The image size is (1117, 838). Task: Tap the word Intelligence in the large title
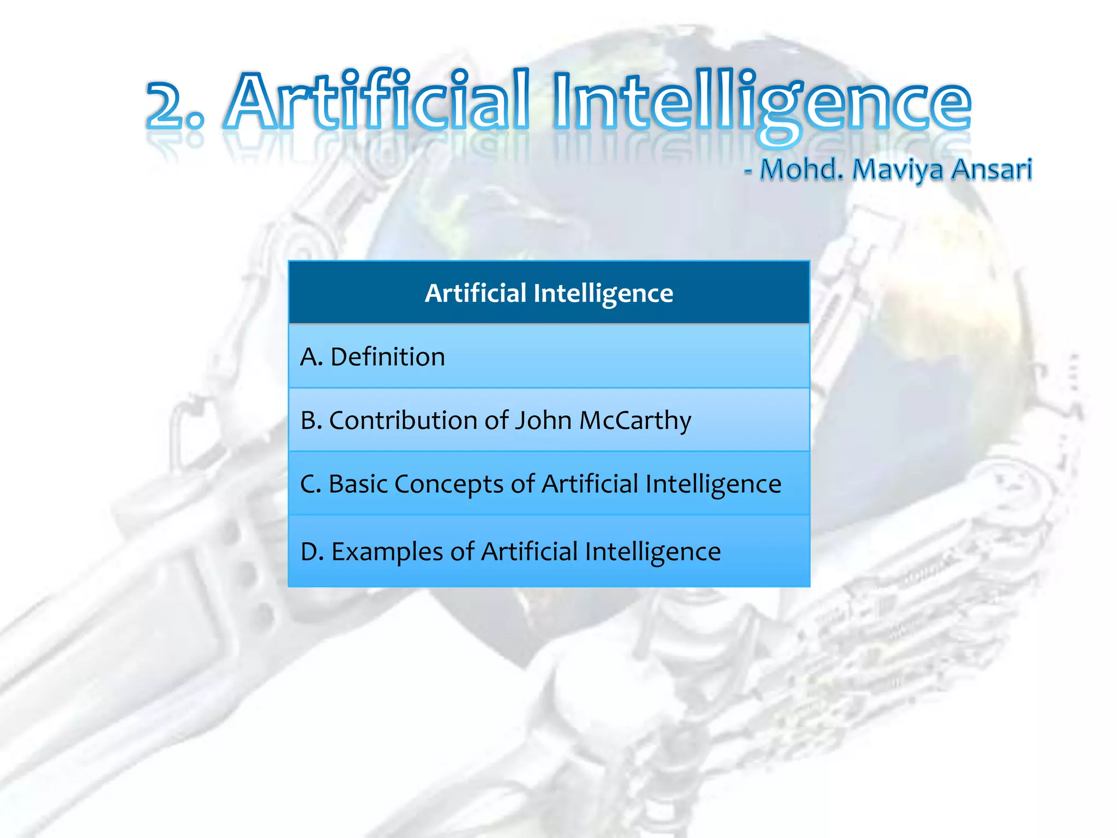click(761, 104)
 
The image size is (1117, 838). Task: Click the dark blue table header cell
click(549, 293)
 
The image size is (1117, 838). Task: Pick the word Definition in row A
click(388, 357)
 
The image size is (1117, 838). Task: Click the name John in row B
click(543, 421)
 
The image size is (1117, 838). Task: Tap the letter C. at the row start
click(310, 484)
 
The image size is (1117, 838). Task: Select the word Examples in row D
click(387, 552)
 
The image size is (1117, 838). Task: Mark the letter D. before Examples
click(312, 552)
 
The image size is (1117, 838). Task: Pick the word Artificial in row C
click(590, 484)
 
